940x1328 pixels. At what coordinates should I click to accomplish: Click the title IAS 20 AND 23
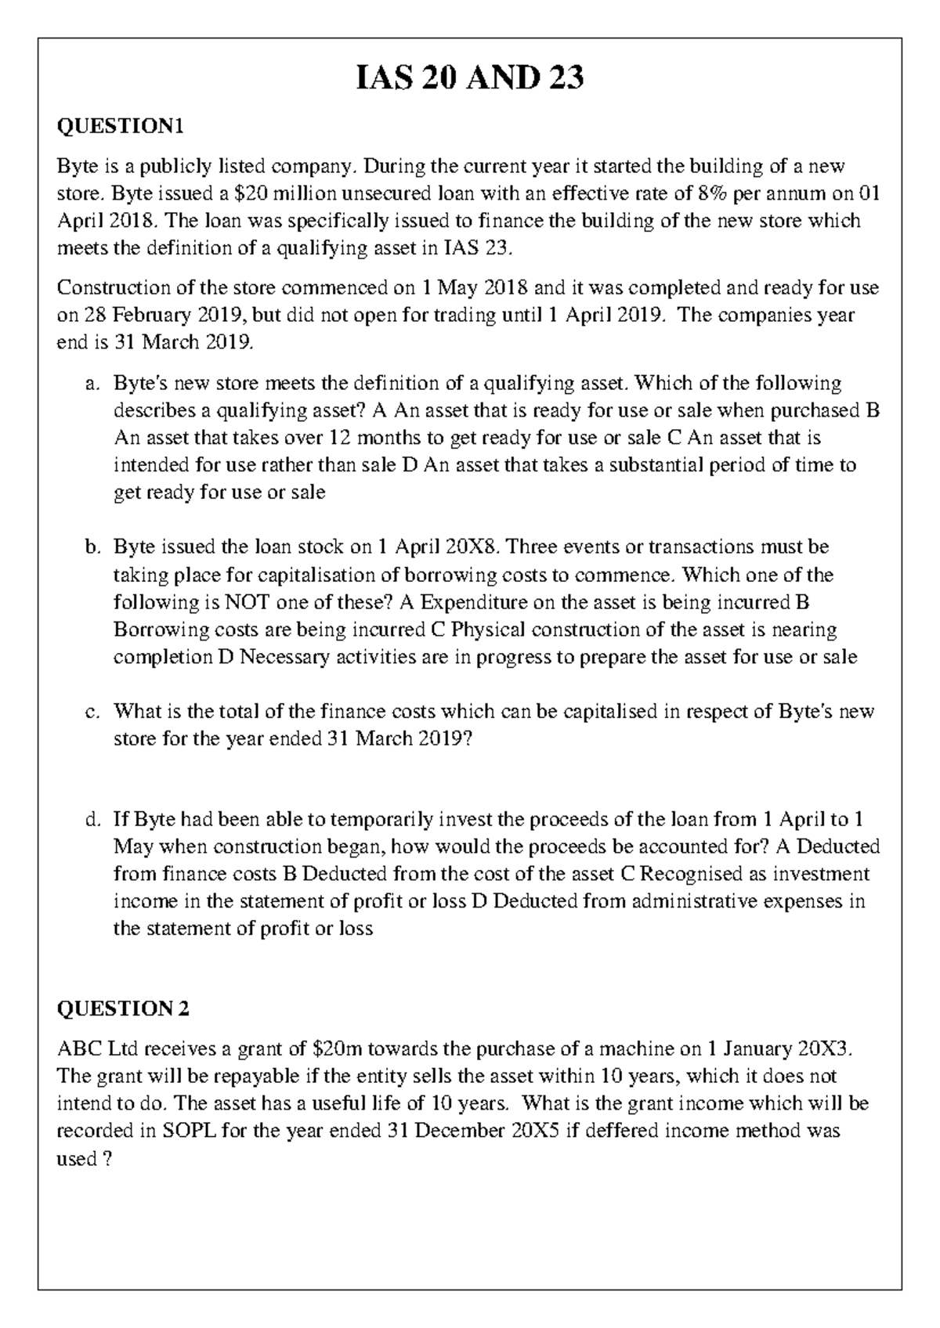coord(470,79)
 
